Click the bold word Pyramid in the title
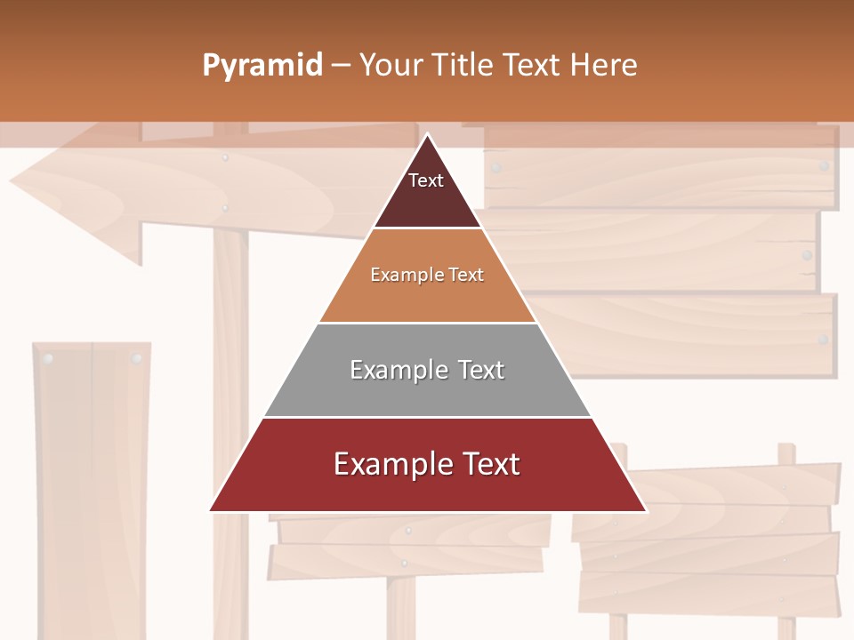[262, 66]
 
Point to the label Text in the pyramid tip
[425, 180]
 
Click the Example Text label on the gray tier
[427, 370]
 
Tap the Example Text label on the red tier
[427, 464]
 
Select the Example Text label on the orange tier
[427, 275]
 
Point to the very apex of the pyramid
[428, 135]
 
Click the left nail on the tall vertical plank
[49, 359]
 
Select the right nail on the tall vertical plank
[136, 359]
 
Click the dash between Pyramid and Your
[341, 66]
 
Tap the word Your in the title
[388, 66]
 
